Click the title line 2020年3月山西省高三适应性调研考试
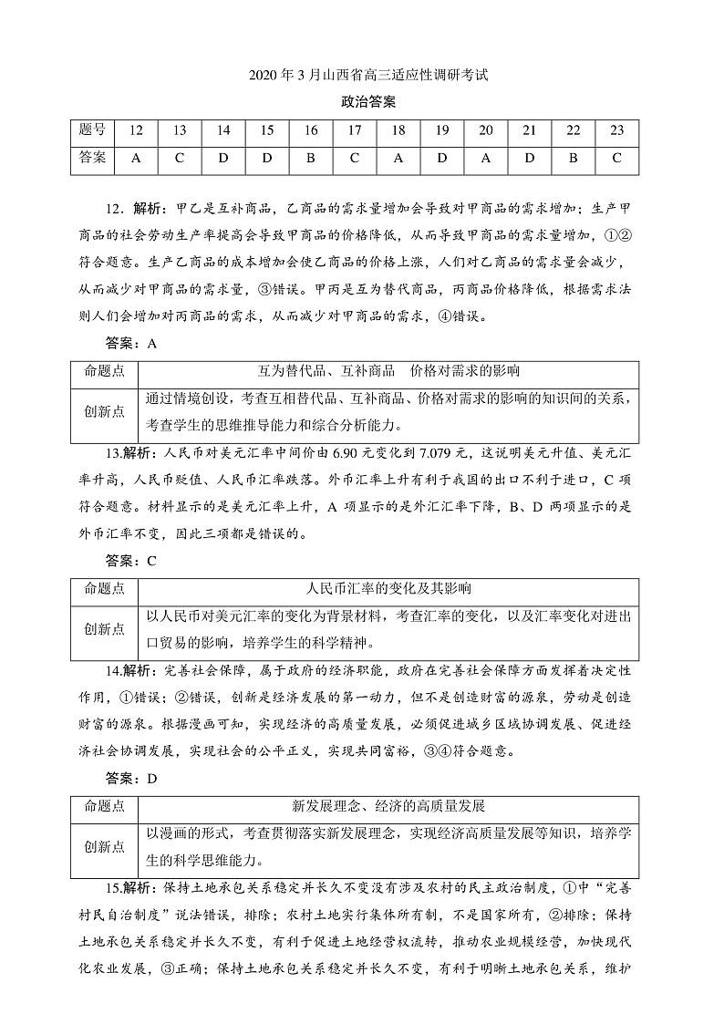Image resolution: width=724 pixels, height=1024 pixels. point(361,76)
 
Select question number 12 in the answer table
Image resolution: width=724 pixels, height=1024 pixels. point(136,130)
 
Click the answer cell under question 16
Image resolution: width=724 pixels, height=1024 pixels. point(310,158)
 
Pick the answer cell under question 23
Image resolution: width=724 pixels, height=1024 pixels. point(616,158)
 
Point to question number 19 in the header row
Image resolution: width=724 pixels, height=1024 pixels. point(441,130)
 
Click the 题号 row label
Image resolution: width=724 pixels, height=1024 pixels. point(92,130)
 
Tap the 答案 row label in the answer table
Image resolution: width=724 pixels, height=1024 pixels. point(92,158)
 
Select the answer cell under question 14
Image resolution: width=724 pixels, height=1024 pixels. point(222,158)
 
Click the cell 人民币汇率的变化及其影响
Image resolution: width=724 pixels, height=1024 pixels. point(388,588)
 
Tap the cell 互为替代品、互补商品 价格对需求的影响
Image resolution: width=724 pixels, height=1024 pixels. point(388,371)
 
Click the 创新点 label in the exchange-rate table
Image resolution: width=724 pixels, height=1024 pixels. point(104,629)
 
